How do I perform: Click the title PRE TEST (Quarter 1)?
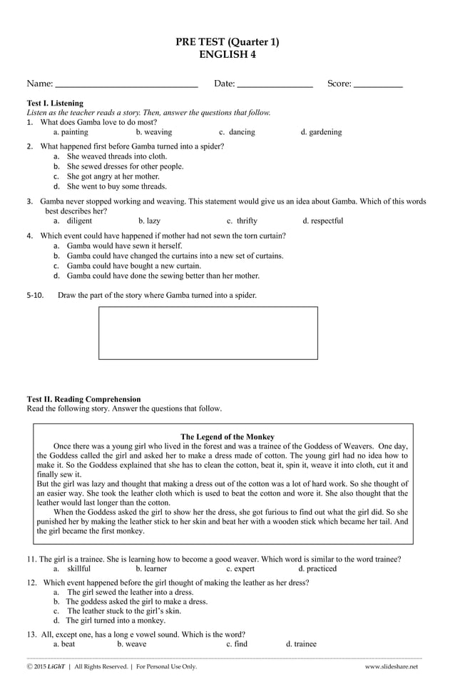pos(227,42)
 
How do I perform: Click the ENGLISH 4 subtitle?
pos(227,54)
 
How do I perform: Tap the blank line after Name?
pos(126,85)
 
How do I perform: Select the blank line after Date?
pos(274,85)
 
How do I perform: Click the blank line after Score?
pos(378,85)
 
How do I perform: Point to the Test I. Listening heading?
pos(55,104)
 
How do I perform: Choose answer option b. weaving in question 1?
pos(153,132)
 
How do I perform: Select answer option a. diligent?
pos(73,221)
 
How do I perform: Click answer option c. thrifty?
pos(242,221)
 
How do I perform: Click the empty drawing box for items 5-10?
pos(208,333)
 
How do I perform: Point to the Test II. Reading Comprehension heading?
pos(83,399)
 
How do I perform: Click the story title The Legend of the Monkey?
pos(227,436)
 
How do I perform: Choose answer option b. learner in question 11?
pos(150,568)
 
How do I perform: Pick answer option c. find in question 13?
pos(237,643)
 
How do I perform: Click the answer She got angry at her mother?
pos(113,176)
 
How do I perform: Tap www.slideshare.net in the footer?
pos(391,666)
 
